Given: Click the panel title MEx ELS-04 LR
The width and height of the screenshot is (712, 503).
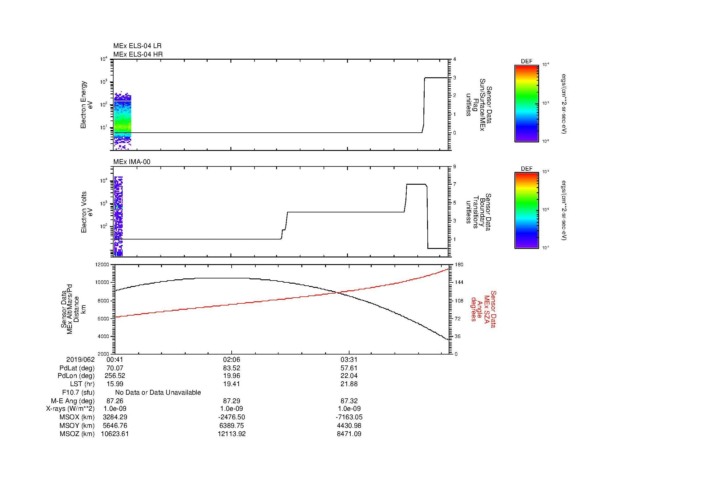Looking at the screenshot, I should click(137, 46).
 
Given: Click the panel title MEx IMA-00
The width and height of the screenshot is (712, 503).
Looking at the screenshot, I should click(132, 162).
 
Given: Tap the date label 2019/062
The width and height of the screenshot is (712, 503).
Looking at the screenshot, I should click(80, 360).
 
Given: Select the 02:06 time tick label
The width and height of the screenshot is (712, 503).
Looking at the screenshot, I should click(231, 360).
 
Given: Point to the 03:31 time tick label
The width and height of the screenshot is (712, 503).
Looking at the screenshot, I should click(349, 360).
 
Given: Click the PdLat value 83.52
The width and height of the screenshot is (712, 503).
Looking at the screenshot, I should click(231, 368).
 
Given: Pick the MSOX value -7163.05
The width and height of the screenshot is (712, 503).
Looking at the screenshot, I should click(349, 417).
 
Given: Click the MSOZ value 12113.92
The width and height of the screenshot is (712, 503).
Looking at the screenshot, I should click(231, 434).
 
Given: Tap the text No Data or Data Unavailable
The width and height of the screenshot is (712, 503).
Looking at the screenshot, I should click(158, 393).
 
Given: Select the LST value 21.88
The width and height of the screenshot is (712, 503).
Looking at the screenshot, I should click(349, 384).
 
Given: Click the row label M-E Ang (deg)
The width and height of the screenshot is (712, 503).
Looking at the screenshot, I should click(72, 401).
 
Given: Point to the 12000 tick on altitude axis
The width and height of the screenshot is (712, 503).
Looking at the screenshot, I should click(102, 265).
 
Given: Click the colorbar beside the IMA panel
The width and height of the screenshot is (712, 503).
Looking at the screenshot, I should click(526, 211).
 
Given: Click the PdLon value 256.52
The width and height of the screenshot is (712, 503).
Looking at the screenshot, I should click(115, 376).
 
